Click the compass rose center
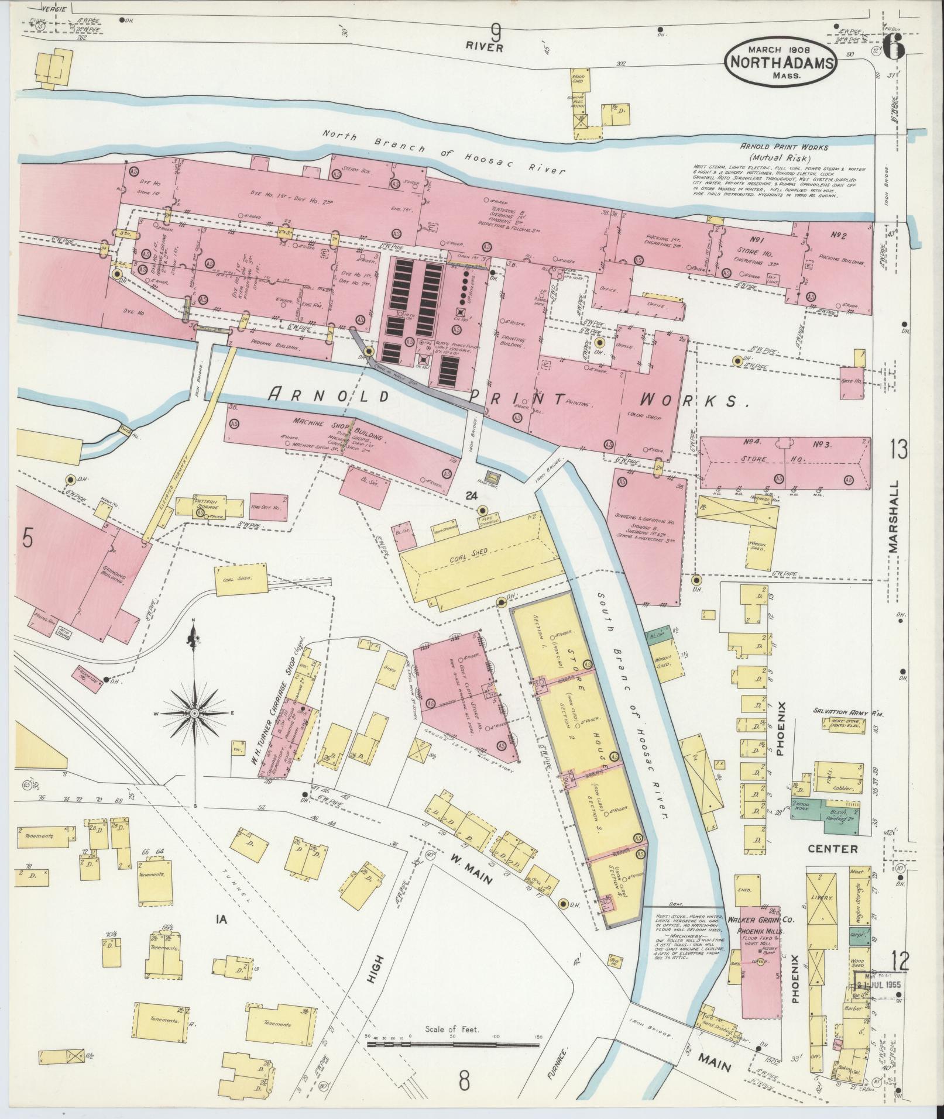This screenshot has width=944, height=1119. [194, 714]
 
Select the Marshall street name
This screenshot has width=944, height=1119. [893, 517]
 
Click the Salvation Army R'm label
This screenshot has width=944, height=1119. [847, 712]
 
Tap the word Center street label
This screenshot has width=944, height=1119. [834, 848]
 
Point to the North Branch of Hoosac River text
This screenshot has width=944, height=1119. [445, 151]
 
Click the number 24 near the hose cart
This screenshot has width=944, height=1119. [469, 495]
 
